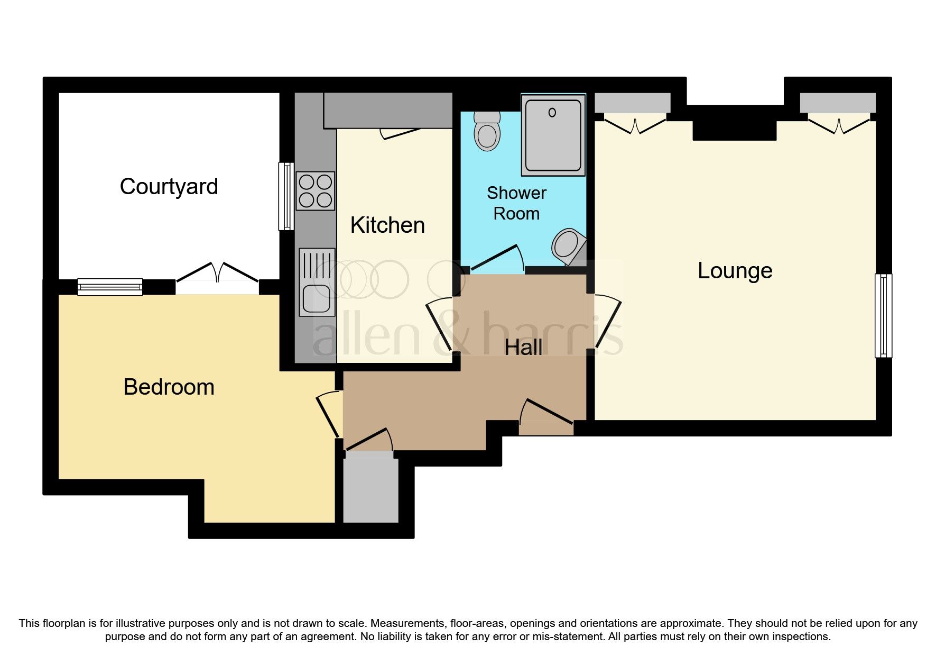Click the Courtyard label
pyautogui.click(x=169, y=187)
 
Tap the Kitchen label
pyautogui.click(x=387, y=225)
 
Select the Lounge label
pyautogui.click(x=735, y=271)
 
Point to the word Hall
pyautogui.click(x=523, y=348)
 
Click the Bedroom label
pyautogui.click(x=169, y=387)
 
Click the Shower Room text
pyautogui.click(x=516, y=203)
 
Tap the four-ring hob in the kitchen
pyautogui.click(x=316, y=191)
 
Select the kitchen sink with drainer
pyautogui.click(x=317, y=282)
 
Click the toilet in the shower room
pyautogui.click(x=487, y=131)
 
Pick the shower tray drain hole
pyautogui.click(x=552, y=113)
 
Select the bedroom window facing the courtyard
pyautogui.click(x=110, y=287)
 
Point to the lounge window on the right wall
pyautogui.click(x=883, y=315)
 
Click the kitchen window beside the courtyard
pyautogui.click(x=286, y=196)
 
